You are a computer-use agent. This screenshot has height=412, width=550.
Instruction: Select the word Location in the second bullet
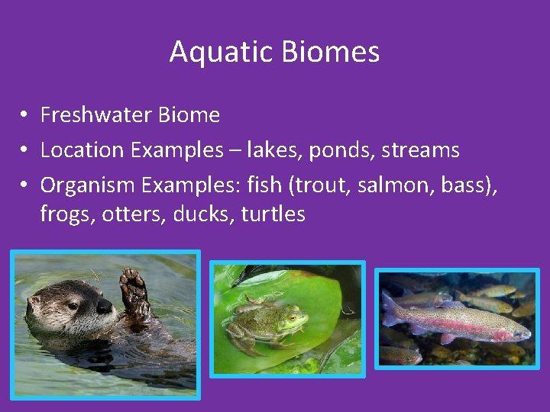(82, 150)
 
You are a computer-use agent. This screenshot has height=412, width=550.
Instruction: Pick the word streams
(422, 150)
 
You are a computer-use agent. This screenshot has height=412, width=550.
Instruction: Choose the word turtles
(273, 214)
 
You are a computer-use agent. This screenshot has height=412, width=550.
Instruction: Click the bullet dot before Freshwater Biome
(25, 115)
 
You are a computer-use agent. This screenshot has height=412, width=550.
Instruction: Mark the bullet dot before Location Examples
(25, 150)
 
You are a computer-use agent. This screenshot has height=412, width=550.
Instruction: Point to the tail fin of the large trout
(390, 309)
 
